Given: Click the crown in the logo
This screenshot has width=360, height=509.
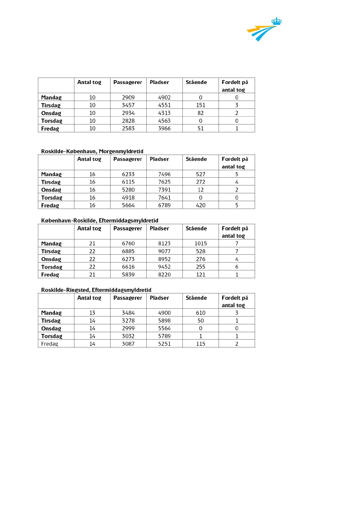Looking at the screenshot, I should tap(276, 21).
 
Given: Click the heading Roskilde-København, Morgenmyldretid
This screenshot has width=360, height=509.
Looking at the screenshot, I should tap(92, 151).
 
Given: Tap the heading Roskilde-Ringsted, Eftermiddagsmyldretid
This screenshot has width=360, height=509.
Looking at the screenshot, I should tap(96, 290).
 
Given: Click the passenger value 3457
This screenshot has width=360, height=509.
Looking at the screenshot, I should tap(128, 105).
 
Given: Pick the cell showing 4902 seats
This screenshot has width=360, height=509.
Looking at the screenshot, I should tap(165, 98).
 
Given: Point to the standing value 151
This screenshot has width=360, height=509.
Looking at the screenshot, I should tap(201, 105).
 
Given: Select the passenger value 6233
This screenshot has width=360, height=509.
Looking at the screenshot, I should tap(128, 175).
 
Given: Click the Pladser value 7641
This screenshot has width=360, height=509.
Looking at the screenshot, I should tap(165, 198).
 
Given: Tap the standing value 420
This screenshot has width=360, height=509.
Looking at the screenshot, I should tap(201, 206).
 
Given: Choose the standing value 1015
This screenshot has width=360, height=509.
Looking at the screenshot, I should tap(201, 244).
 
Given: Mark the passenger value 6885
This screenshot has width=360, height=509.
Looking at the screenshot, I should tap(128, 252).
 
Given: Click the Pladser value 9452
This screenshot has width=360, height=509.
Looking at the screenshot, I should tap(165, 267).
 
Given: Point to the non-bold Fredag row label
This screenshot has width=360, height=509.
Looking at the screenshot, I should tap(50, 344).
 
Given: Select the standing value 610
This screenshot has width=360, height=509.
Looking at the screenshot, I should tap(201, 313).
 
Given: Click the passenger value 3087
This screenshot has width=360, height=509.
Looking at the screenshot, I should tap(128, 344).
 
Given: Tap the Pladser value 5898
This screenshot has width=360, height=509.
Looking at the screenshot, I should tap(165, 321).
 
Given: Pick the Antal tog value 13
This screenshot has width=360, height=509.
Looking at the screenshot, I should tap(92, 313).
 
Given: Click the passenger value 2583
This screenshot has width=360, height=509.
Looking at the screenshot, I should tap(128, 129).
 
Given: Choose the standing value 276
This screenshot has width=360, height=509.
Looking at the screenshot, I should tap(201, 259).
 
